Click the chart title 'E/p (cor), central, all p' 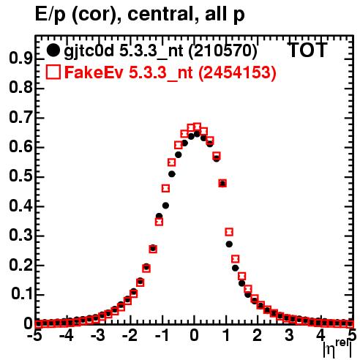click(140, 15)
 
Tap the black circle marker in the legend click(53, 50)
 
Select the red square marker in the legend click(53, 72)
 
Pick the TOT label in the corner click(307, 50)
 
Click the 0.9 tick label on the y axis click(20, 59)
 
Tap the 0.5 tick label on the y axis click(20, 176)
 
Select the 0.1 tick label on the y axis click(22, 294)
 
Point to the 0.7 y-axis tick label click(20, 118)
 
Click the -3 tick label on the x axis click(98, 336)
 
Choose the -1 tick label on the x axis click(162, 336)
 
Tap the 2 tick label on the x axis click(258, 336)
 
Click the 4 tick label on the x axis click(321, 336)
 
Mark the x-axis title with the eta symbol click(337, 348)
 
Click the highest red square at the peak click(197, 127)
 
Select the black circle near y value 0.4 click(165, 206)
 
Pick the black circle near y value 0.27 click(229, 244)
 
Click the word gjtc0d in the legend click(89, 51)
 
